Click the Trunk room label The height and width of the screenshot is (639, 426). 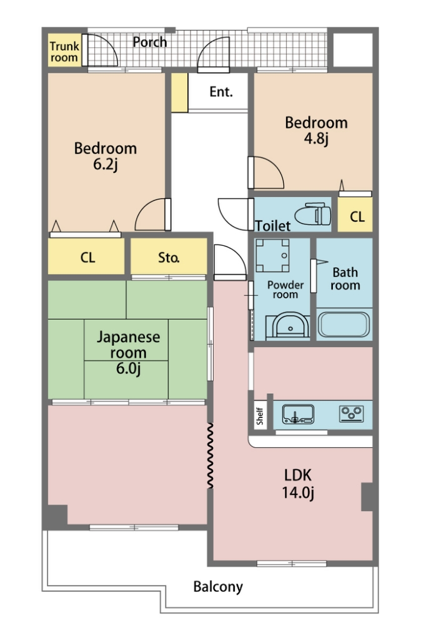pos(64,52)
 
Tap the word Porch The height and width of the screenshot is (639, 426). pos(150,42)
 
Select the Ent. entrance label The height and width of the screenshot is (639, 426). pos(221,92)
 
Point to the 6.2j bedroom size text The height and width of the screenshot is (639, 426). pos(106,165)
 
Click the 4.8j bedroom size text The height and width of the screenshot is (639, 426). pos(316,139)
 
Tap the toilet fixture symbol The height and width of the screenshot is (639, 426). pos(313,214)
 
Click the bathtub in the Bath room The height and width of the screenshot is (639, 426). pos(344,324)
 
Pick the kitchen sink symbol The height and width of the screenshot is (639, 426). pos(298,414)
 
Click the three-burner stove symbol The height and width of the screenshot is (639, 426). pos(351,414)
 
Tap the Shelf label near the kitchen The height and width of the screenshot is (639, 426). pos(260,416)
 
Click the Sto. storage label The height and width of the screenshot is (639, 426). pos(169,257)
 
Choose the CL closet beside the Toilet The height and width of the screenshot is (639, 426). pos(355,215)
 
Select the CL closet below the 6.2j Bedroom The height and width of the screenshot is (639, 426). pos(86,256)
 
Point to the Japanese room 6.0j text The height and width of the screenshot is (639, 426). pos(128,353)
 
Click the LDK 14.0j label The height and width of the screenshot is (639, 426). pos(298,484)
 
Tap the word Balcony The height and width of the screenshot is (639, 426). pos(218,587)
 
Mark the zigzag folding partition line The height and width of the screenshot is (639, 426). pos(210,456)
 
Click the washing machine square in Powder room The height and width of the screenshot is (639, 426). pos(272,255)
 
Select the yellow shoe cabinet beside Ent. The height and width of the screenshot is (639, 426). pos(179,92)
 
